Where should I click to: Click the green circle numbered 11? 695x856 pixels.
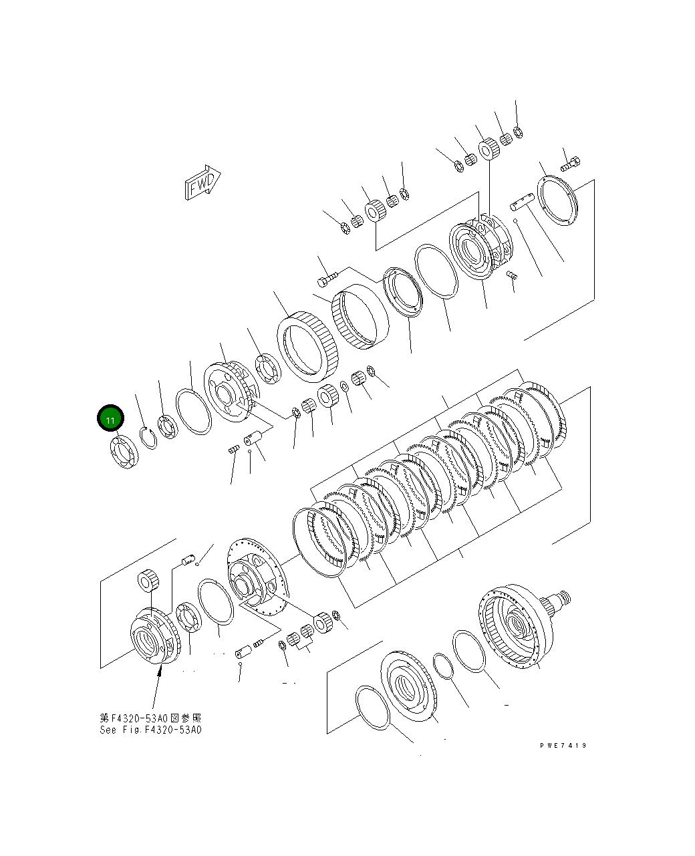click(110, 420)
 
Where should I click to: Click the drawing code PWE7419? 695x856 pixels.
click(563, 745)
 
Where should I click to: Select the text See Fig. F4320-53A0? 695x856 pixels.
click(150, 729)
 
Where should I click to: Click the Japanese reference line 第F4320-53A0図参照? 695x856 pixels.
click(150, 718)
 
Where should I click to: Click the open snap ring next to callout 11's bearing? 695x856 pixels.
click(148, 437)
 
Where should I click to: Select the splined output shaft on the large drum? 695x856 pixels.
click(559, 601)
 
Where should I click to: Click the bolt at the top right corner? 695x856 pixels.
click(571, 162)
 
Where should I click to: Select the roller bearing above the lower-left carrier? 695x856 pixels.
click(147, 581)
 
